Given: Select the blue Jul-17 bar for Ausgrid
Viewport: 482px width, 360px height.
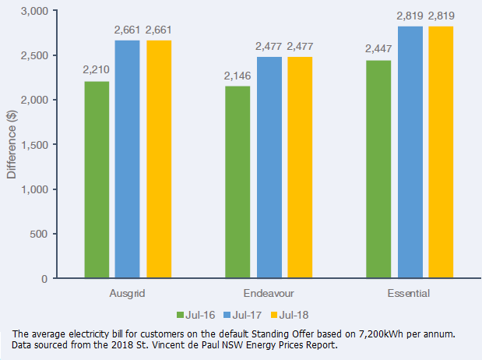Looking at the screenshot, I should (x=127, y=160).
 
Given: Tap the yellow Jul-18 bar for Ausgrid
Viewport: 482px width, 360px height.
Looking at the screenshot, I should (x=158, y=160).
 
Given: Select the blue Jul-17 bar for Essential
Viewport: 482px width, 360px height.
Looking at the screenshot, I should (x=410, y=153).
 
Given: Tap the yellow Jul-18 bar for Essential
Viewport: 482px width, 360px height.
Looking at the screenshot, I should (x=441, y=153).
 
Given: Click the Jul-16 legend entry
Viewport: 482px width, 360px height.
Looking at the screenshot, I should (x=197, y=314).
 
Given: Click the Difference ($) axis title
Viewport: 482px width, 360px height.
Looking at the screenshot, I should (x=12, y=145).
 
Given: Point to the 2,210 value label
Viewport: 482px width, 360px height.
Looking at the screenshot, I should (x=97, y=69).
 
